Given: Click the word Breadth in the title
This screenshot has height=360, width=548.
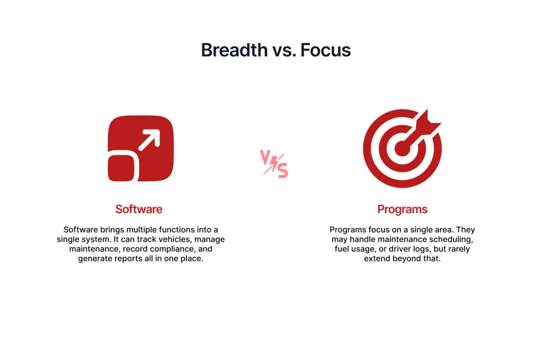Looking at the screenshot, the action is [234, 50].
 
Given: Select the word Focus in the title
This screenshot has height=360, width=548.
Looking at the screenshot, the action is [325, 50].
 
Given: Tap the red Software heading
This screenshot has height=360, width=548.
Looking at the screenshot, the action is [139, 209].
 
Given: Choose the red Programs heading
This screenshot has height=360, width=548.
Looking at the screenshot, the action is [402, 209].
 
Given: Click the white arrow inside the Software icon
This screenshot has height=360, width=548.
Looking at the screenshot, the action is [149, 140].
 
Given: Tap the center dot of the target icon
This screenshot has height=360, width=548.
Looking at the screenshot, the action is [402, 149].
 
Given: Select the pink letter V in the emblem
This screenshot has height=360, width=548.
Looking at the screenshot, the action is [265, 157].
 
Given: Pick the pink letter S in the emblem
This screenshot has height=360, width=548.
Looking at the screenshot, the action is [283, 171].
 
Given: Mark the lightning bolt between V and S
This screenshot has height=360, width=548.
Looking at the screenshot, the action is [274, 164].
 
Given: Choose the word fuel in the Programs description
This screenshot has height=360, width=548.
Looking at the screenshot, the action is [341, 249].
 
